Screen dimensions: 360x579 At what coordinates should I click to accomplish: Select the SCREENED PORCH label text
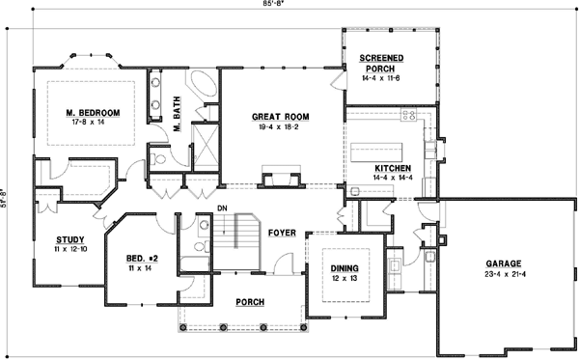point(383,64)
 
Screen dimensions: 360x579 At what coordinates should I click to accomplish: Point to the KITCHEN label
point(393,169)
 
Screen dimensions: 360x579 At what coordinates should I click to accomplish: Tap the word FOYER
point(280,233)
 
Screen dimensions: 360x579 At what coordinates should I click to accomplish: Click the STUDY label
point(69,239)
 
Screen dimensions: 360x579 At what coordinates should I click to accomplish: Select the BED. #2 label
point(142,259)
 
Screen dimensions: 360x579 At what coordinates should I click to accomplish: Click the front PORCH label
point(251,301)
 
